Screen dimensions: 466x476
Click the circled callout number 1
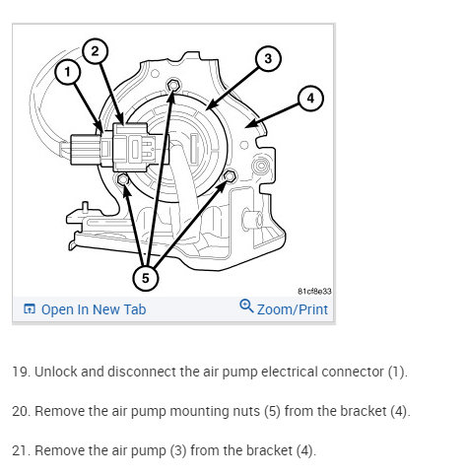pyautogui.click(x=68, y=72)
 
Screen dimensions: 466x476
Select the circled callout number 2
pyautogui.click(x=95, y=51)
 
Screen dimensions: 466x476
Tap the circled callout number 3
pyautogui.click(x=268, y=58)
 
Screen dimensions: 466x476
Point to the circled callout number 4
pyautogui.click(x=310, y=99)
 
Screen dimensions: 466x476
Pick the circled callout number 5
pyautogui.click(x=146, y=278)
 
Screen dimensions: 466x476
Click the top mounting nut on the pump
pyautogui.click(x=173, y=86)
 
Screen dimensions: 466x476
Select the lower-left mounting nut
pyautogui.click(x=123, y=179)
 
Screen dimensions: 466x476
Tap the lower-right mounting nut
pyautogui.click(x=230, y=176)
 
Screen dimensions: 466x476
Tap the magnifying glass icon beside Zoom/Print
pyautogui.click(x=246, y=306)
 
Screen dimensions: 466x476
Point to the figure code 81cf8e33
pyautogui.click(x=314, y=292)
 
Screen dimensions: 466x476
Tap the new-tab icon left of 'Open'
pyautogui.click(x=30, y=308)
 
